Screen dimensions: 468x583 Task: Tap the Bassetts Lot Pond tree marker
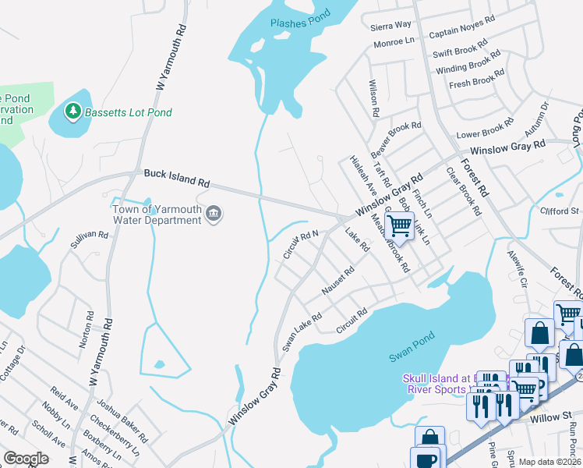click(73, 112)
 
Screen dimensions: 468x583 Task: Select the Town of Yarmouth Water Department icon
click(214, 213)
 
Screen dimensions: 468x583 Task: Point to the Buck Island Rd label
click(177, 177)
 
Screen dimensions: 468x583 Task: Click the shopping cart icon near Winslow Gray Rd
click(399, 227)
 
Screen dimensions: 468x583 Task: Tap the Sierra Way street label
click(390, 26)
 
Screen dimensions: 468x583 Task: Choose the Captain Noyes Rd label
click(462, 27)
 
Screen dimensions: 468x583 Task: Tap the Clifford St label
click(560, 211)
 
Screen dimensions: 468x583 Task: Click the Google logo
click(26, 459)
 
